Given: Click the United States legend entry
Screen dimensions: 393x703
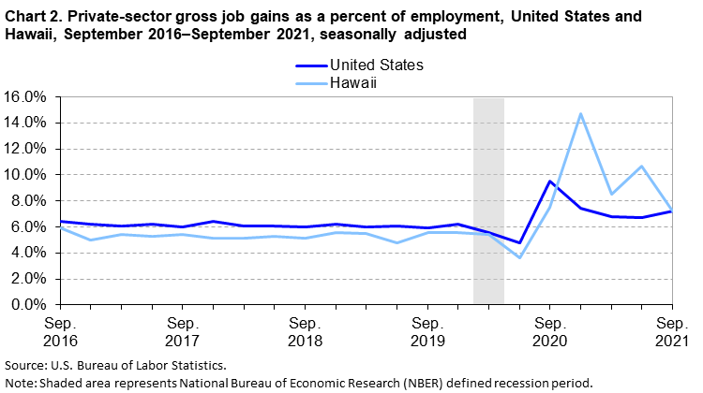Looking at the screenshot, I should (x=376, y=65).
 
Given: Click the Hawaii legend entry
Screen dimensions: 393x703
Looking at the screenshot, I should (x=352, y=82).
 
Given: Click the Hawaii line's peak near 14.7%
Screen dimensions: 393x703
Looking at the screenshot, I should (x=580, y=114).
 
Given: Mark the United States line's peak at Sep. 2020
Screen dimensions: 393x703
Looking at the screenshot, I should (x=549, y=182).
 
